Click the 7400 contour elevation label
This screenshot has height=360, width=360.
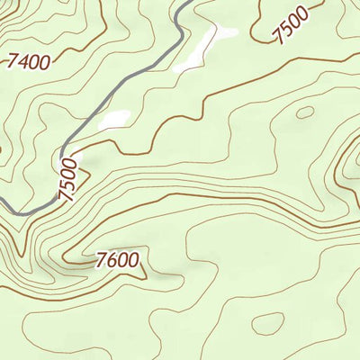tap(28, 61)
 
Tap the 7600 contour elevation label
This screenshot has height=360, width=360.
tap(117, 261)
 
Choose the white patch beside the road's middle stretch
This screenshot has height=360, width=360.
tap(115, 120)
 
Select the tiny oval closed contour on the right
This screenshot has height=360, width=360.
tap(306, 112)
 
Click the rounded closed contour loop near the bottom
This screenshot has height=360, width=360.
tap(267, 323)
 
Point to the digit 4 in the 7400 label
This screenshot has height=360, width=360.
tap(23, 62)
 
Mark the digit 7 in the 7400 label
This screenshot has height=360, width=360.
tap(13, 64)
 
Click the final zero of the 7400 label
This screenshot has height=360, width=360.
tap(44, 59)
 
